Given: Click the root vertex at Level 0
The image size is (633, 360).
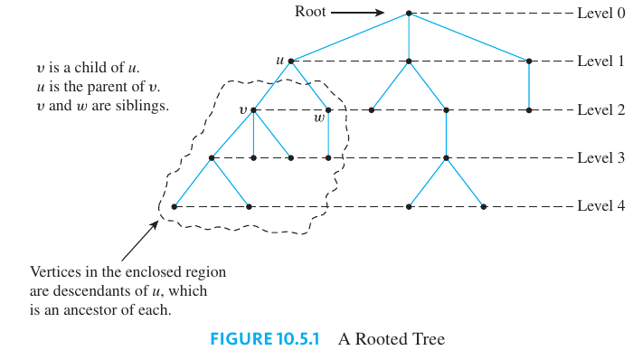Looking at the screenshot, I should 409,13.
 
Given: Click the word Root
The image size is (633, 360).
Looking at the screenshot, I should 309,13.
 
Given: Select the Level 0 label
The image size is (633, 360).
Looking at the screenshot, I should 600,13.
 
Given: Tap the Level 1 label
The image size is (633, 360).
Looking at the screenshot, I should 600,62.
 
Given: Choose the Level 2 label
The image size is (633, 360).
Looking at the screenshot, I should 600,109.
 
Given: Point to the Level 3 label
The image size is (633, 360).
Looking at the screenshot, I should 600,158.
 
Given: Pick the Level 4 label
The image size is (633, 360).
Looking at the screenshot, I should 600,206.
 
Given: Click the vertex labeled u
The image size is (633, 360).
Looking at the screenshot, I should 291,62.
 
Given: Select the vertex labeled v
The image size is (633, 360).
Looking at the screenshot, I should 253,110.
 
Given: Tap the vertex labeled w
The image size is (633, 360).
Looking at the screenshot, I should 328,110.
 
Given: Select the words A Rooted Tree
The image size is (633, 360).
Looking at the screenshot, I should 392,340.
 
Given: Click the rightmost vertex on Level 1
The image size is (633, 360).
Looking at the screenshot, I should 529,62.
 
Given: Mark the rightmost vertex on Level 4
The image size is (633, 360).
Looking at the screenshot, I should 485,206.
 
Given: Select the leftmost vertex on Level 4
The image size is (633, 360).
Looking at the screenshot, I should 174,206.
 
